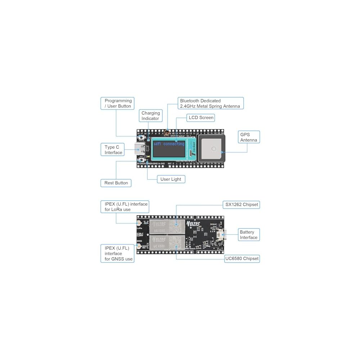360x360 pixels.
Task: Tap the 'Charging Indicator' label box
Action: [150, 116]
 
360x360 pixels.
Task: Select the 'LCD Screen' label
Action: [201, 117]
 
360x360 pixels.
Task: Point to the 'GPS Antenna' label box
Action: [249, 137]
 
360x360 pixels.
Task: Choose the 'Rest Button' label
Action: [116, 183]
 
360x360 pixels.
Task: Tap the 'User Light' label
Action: [171, 179]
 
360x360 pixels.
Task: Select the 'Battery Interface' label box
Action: [248, 235]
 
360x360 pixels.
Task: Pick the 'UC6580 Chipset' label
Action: [242, 258]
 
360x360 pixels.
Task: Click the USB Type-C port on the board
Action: [140, 148]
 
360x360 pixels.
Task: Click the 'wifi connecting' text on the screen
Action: [169, 144]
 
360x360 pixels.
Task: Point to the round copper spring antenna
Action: [167, 133]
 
